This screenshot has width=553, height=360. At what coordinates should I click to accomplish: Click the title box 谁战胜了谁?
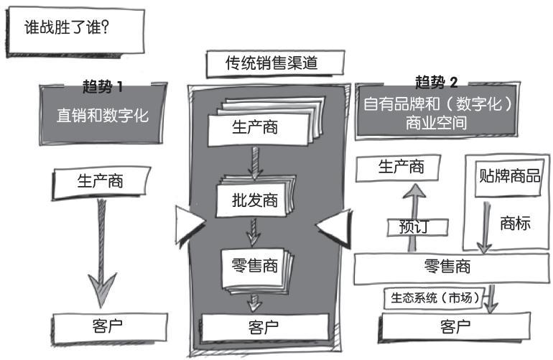point(75,32)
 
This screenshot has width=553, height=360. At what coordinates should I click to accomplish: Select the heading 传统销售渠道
point(275,63)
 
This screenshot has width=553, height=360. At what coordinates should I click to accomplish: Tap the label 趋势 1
point(103,87)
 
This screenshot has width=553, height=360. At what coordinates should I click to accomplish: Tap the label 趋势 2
point(436,83)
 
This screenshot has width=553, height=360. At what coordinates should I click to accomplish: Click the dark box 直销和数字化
point(102,115)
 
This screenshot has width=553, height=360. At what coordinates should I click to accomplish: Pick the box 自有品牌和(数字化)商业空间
point(437,112)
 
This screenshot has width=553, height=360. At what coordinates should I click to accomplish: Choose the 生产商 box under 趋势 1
point(101,182)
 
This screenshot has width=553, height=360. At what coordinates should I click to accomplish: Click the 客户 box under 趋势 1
point(110,328)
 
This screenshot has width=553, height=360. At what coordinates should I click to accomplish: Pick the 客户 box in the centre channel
point(264,328)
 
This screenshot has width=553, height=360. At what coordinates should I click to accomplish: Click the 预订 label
point(417,227)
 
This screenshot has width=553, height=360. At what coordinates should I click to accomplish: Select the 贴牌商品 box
point(508,177)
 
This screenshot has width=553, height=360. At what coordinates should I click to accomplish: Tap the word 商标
point(515,223)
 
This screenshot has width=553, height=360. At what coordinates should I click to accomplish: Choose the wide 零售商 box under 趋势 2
point(452,268)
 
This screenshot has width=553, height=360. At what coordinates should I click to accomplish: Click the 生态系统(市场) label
point(434,298)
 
